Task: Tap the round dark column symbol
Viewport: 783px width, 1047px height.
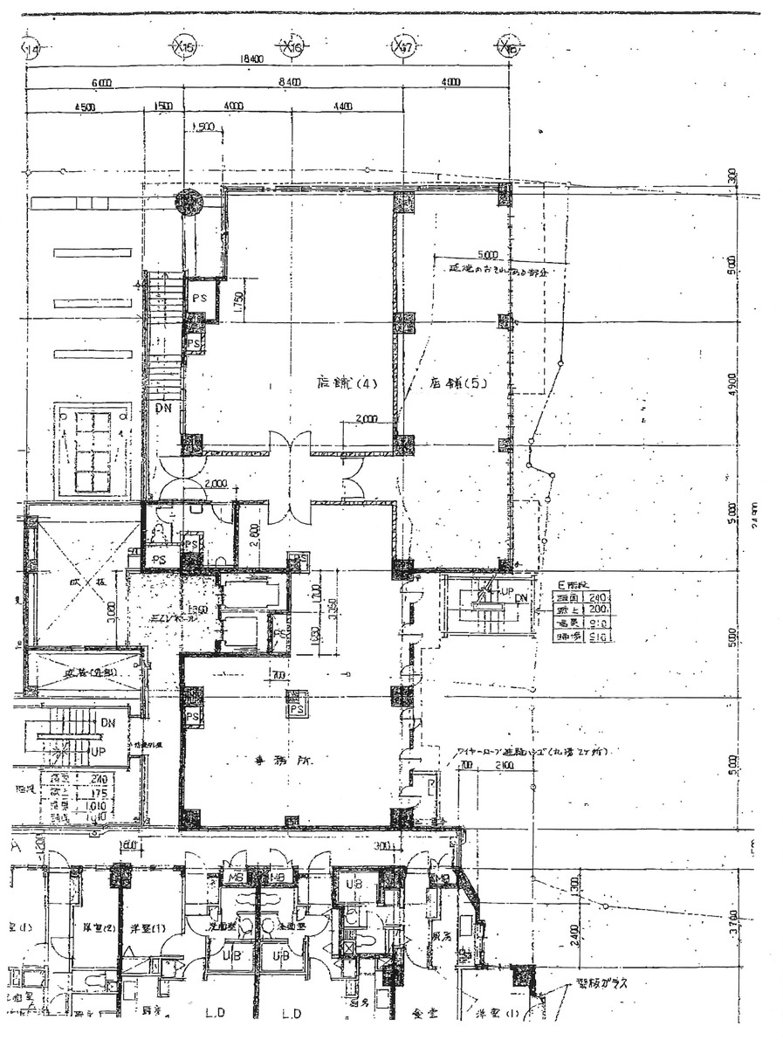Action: [189, 203]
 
